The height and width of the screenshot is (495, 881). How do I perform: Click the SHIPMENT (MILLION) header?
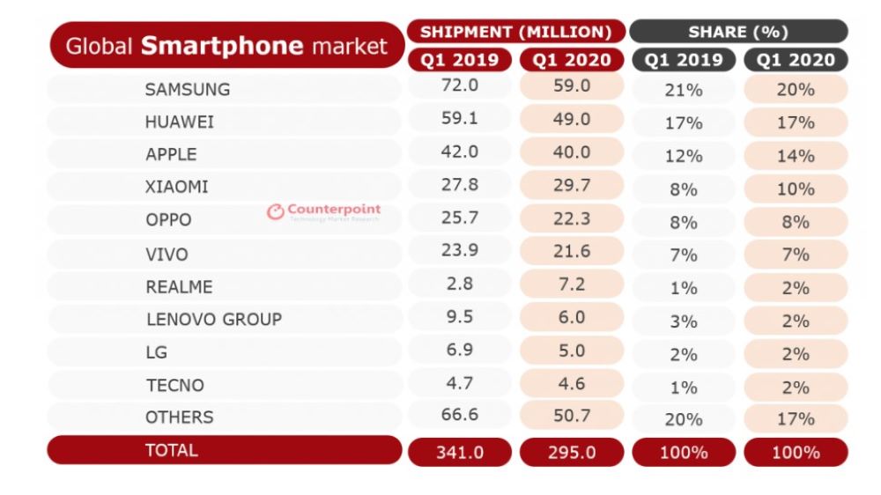(515, 32)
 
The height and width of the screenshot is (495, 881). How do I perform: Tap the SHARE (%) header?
(738, 32)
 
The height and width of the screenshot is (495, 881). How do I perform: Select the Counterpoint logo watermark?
(324, 211)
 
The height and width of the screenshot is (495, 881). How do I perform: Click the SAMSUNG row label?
(188, 89)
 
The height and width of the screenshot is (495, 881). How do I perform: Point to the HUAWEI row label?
(180, 122)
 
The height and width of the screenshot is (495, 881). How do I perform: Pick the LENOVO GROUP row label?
(213, 319)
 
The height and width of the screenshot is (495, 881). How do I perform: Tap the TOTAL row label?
(172, 450)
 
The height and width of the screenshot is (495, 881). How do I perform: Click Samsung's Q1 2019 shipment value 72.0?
(459, 86)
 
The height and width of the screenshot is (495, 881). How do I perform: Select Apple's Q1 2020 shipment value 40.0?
(572, 152)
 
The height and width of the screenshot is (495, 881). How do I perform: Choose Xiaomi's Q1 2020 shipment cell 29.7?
(572, 185)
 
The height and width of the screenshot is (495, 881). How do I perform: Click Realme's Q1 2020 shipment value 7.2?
(572, 284)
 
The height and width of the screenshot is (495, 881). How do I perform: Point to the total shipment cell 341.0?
(459, 452)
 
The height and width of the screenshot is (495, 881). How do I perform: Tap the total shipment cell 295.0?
(572, 452)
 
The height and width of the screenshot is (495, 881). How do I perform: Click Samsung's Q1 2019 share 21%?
(684, 90)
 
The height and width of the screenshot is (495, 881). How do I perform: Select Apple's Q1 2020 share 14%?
(796, 156)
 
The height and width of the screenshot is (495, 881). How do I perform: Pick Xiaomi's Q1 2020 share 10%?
(796, 188)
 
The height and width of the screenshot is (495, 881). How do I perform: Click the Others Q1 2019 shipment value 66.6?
(459, 416)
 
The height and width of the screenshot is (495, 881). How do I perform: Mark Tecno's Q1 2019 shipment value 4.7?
(459, 382)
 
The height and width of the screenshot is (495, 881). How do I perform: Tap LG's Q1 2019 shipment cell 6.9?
(459, 350)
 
